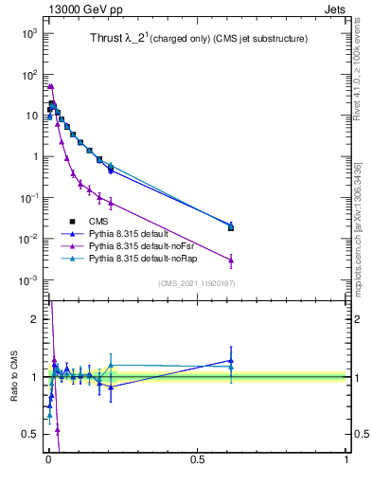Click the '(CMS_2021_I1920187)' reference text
click(x=195, y=282)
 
